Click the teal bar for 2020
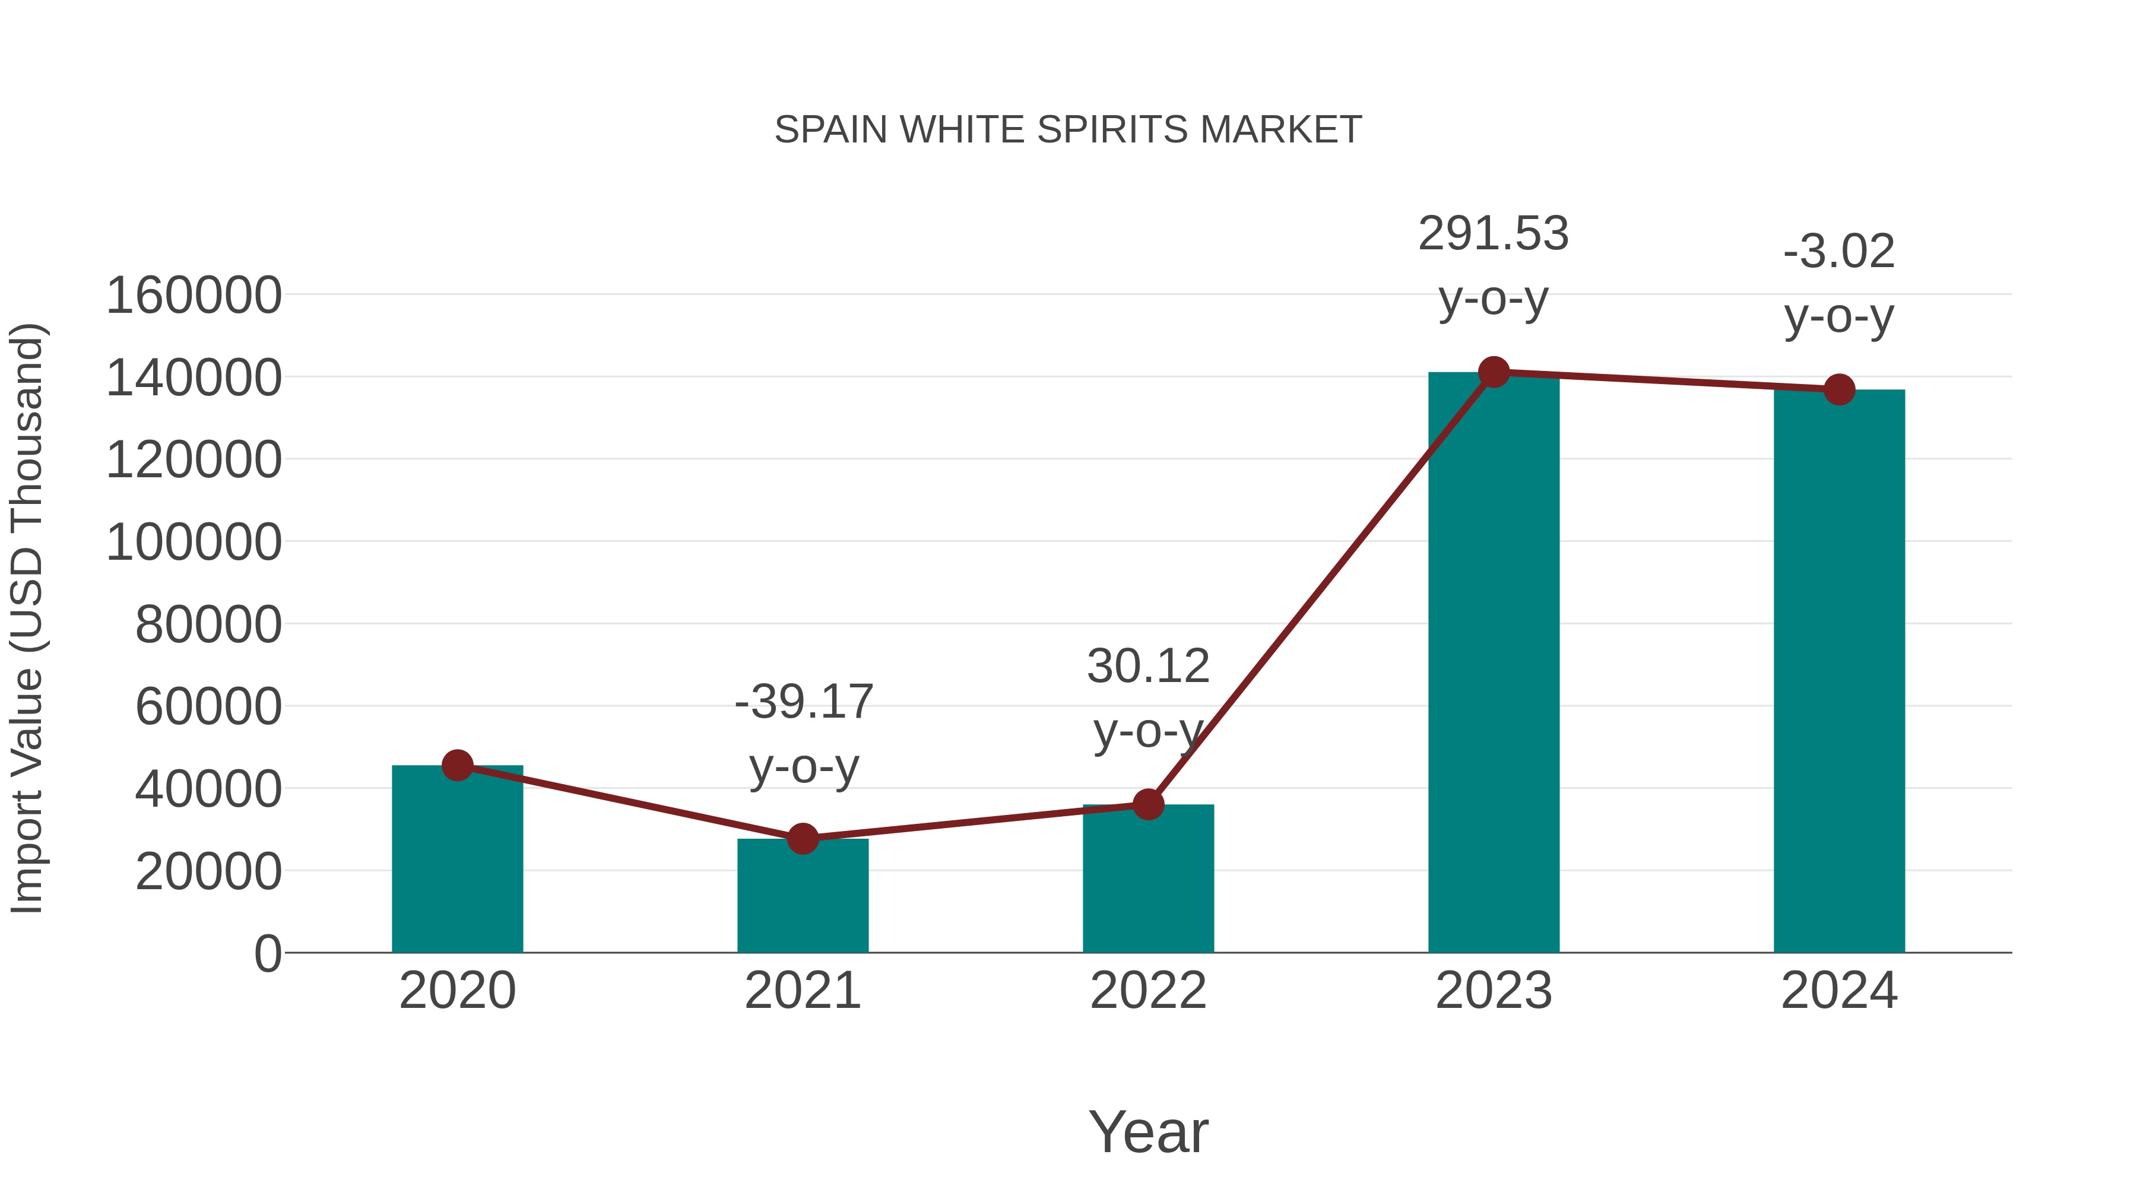457,862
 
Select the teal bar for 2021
802,900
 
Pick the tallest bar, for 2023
1494,664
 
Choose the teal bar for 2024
1839,672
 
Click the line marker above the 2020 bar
457,765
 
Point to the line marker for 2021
802,839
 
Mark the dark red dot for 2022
1148,804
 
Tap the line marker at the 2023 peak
1494,372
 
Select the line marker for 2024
1839,389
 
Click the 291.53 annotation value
1494,234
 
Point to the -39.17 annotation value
804,702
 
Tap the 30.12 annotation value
1148,666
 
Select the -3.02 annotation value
1839,252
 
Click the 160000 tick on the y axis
194,296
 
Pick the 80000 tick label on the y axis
208,624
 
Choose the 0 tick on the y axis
267,954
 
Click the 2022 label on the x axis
1148,991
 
